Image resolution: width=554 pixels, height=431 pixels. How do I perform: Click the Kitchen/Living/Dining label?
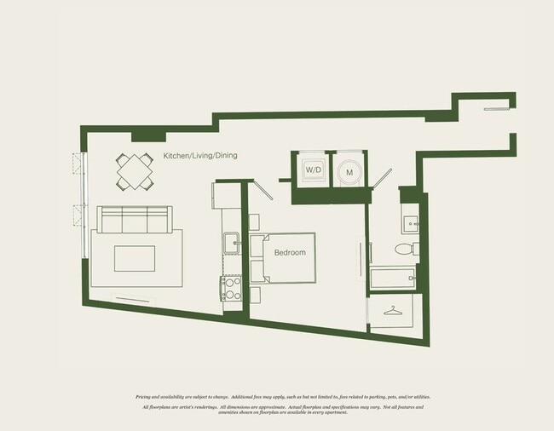tap(200, 156)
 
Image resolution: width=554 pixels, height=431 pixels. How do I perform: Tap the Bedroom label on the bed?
tap(290, 253)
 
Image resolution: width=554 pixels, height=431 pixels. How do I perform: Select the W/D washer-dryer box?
tap(313, 171)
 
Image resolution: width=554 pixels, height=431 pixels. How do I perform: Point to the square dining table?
tap(134, 171)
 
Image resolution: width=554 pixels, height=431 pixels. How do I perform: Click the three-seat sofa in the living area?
tap(135, 221)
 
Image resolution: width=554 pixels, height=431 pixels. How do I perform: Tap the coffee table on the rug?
tap(135, 258)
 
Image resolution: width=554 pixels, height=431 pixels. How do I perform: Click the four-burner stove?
tap(230, 289)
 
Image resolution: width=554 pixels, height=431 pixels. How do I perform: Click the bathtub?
tap(392, 278)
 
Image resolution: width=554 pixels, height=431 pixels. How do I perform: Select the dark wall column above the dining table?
tap(149, 135)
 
